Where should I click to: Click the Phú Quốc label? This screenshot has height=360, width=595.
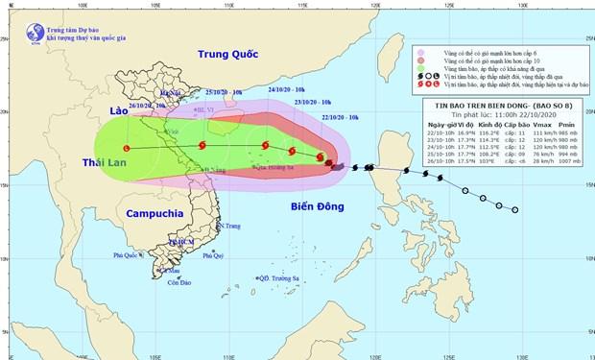click(x=130, y=255)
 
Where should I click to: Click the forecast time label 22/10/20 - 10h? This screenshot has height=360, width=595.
click(x=343, y=116)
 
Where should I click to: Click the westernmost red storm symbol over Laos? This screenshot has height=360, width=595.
click(x=128, y=148)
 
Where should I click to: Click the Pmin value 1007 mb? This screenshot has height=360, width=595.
click(x=566, y=163)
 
